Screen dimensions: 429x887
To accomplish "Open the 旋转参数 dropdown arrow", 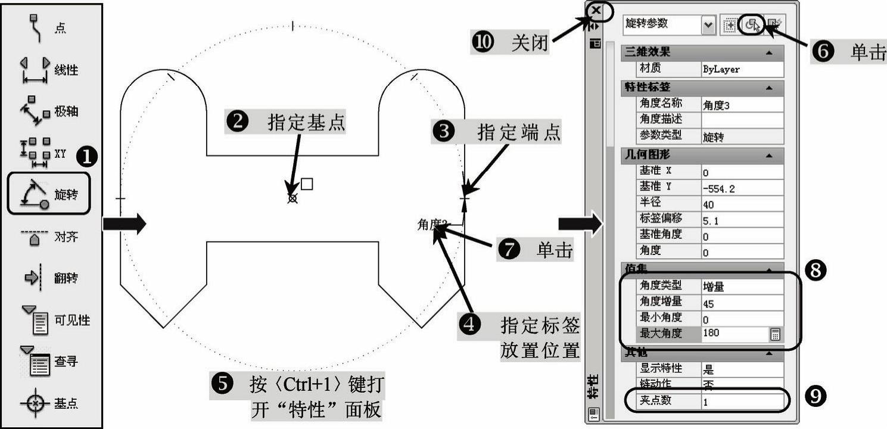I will [708, 24].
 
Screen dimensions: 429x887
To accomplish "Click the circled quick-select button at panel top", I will [752, 24].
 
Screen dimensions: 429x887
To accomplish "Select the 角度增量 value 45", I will [741, 303].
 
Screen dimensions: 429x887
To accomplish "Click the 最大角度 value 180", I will [735, 333].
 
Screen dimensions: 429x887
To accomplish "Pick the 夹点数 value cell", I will [741, 402].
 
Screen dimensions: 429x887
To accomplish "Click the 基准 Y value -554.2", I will [741, 188].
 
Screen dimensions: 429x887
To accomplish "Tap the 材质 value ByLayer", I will [741, 69].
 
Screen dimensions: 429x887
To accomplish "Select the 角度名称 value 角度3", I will [741, 105].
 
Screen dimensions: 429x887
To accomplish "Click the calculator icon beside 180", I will [775, 334].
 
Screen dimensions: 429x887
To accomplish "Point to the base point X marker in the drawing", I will [292, 198].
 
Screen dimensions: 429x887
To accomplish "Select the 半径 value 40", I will [741, 204].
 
